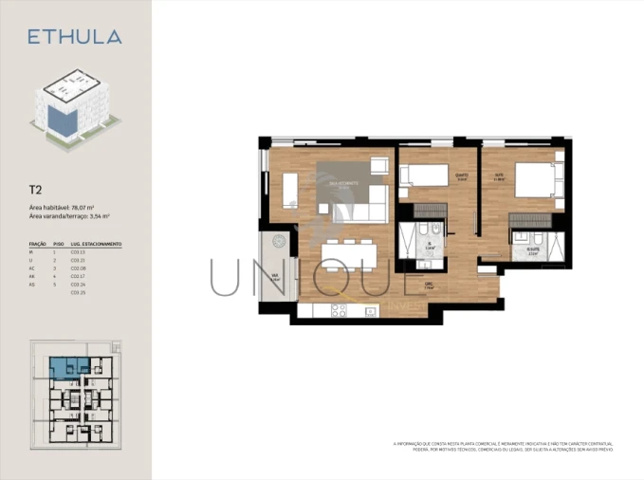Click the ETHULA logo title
point(74,37)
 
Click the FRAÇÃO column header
point(38,244)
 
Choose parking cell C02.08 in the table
point(78,268)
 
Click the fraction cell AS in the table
point(33,285)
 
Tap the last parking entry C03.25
point(78,293)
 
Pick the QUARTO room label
point(462,175)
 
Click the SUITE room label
point(499,175)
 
